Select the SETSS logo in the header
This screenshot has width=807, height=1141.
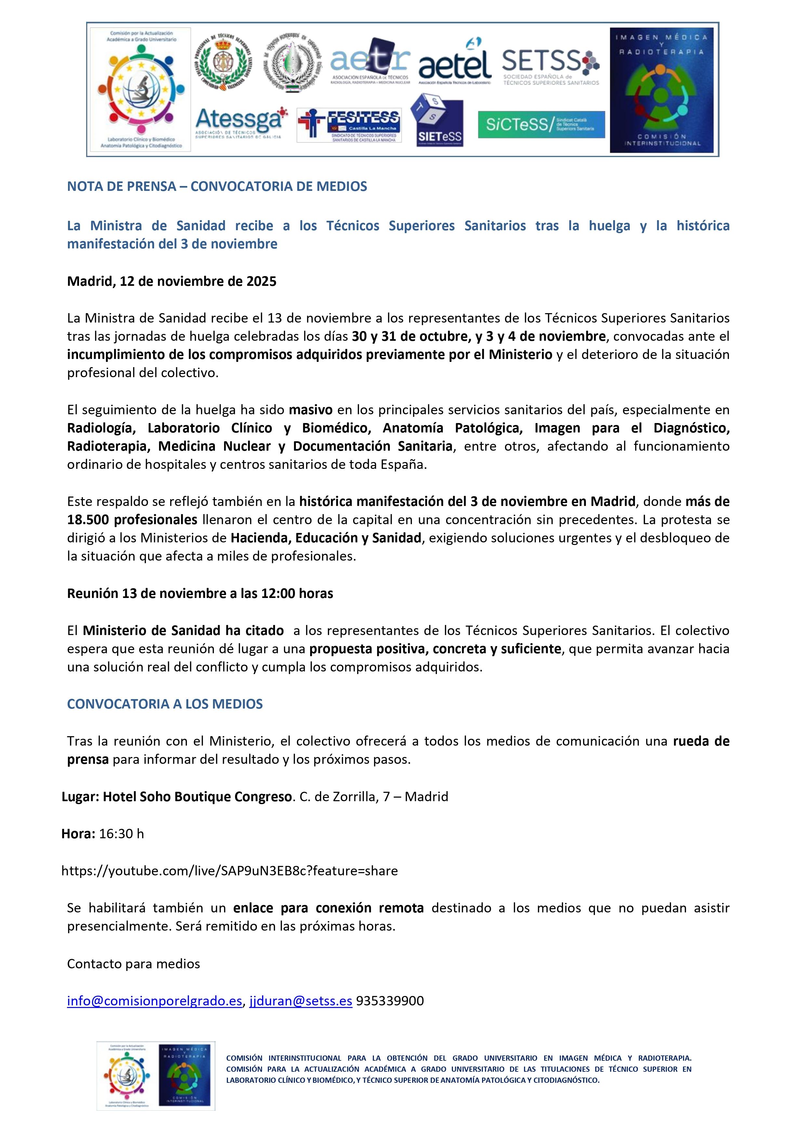[550, 67]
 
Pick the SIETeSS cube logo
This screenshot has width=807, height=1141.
[437, 121]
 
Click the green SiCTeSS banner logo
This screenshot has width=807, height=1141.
[541, 124]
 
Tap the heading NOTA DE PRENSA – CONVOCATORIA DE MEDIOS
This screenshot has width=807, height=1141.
[217, 186]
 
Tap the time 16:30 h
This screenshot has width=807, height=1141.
[121, 833]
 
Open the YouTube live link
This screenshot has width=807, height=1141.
[230, 871]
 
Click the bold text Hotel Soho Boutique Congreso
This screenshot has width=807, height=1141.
[197, 797]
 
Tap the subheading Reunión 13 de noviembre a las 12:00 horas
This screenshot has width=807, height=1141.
[200, 593]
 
